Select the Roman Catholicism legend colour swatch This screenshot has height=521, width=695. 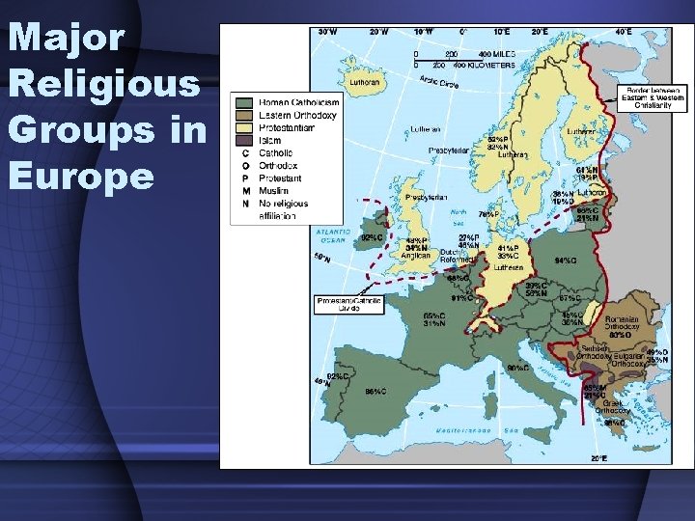coord(245,102)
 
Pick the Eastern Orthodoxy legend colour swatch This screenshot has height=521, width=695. coord(245,115)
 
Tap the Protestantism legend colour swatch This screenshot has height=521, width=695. coord(245,127)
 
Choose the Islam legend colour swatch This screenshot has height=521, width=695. coord(245,140)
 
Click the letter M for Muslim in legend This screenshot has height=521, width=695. coord(245,191)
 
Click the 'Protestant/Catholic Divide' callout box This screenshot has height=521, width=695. coord(349,304)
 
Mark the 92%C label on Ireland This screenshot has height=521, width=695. coord(372,236)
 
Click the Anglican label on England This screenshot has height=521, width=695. coord(418,257)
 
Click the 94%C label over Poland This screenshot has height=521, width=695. coord(567,260)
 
